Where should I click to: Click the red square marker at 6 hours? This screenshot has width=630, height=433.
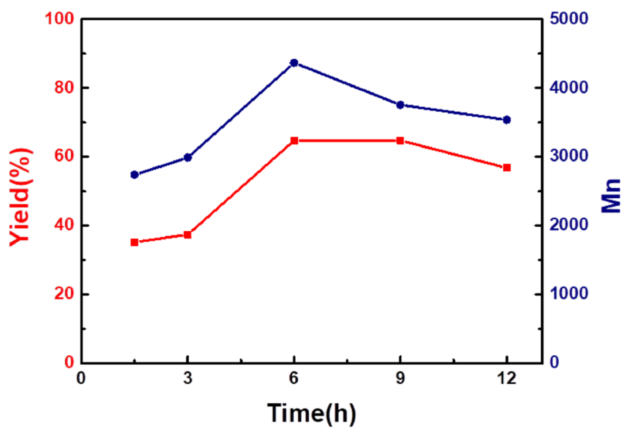[x=294, y=141]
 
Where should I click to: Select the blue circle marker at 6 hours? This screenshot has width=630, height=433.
[x=294, y=63]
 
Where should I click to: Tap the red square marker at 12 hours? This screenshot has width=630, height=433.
[x=506, y=168]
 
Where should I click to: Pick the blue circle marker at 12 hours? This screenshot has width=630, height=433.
[x=506, y=120]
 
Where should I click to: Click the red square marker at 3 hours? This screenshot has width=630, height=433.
[x=188, y=235]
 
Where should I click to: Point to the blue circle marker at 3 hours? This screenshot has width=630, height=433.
[x=188, y=158]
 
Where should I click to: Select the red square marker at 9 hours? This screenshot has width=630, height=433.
[x=400, y=141]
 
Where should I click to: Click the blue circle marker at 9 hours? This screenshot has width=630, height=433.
[x=400, y=105]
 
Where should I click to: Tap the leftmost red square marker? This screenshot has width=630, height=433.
[x=134, y=242]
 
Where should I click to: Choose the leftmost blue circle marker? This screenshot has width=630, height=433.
[x=134, y=175]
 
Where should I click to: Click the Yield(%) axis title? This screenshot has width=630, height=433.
[x=20, y=197]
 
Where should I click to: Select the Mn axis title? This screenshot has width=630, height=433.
[x=611, y=196]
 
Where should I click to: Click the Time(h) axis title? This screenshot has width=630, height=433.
[x=312, y=413]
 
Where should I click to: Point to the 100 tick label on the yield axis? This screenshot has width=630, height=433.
[x=59, y=19]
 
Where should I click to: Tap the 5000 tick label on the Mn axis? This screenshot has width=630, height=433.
[x=569, y=19]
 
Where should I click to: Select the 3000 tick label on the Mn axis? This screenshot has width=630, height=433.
[x=569, y=156]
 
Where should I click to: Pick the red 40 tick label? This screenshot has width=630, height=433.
[x=64, y=225]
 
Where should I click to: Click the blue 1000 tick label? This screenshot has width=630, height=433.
[x=569, y=294]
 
